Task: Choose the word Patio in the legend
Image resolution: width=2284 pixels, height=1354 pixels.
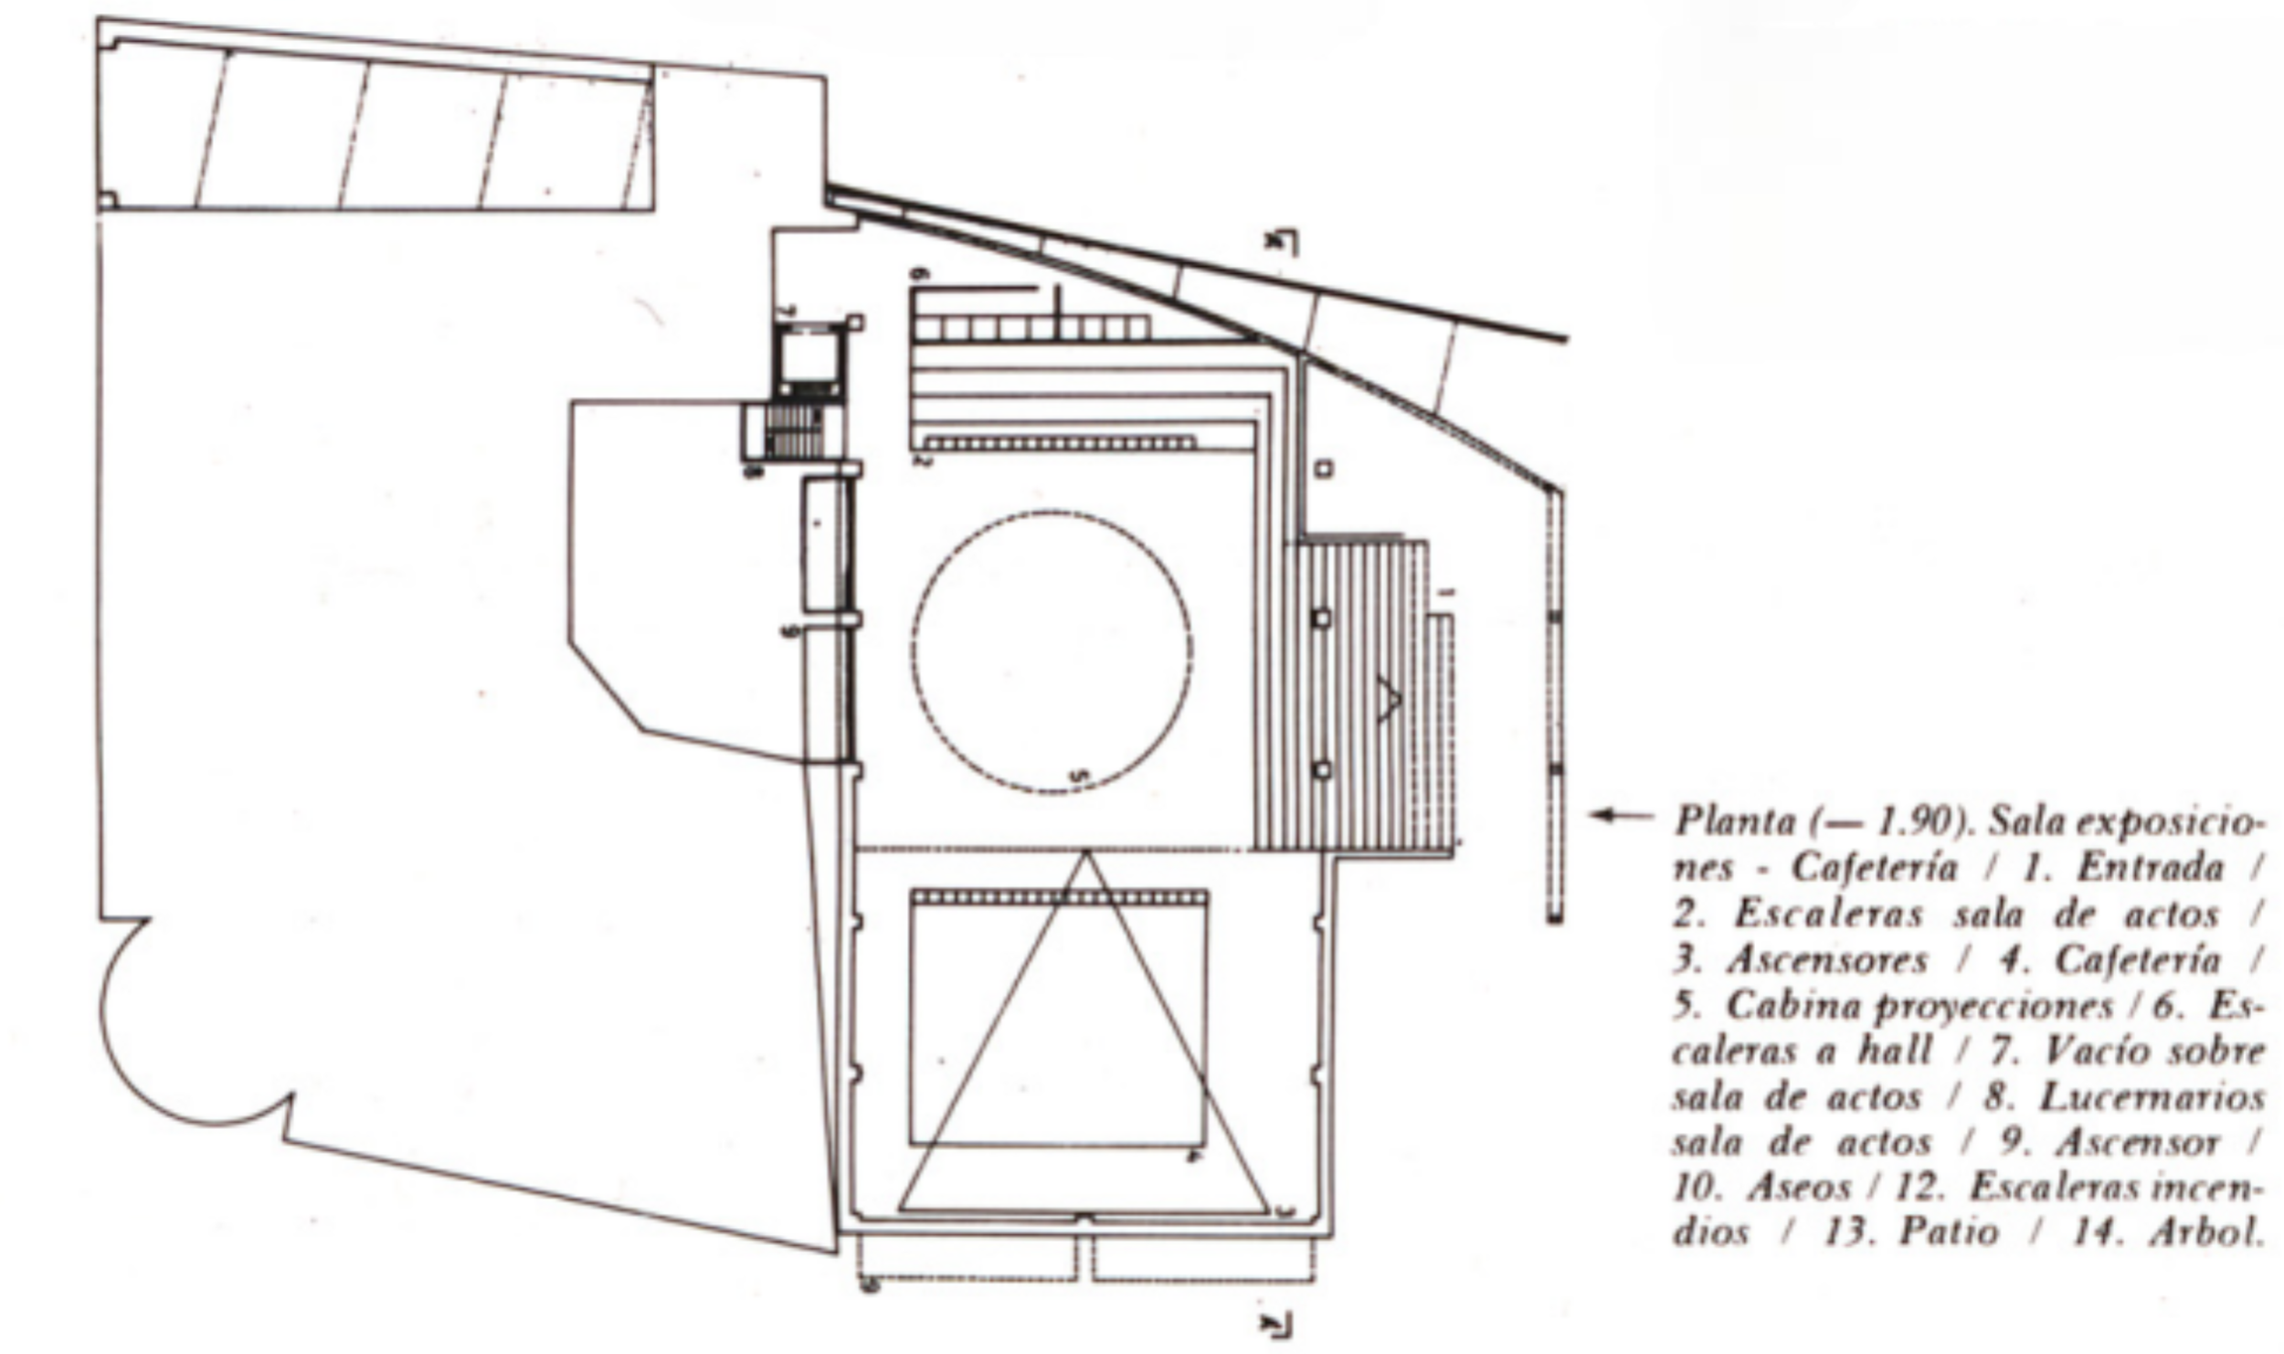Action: tap(1951, 1232)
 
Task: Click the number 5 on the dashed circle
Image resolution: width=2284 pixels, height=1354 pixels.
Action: tap(1081, 777)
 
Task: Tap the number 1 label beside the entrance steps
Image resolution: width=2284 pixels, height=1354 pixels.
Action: tap(1444, 593)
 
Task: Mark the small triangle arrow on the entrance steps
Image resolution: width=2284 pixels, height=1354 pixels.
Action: tap(1388, 700)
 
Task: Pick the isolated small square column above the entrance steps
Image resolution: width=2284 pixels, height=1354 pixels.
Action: tap(1323, 469)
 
